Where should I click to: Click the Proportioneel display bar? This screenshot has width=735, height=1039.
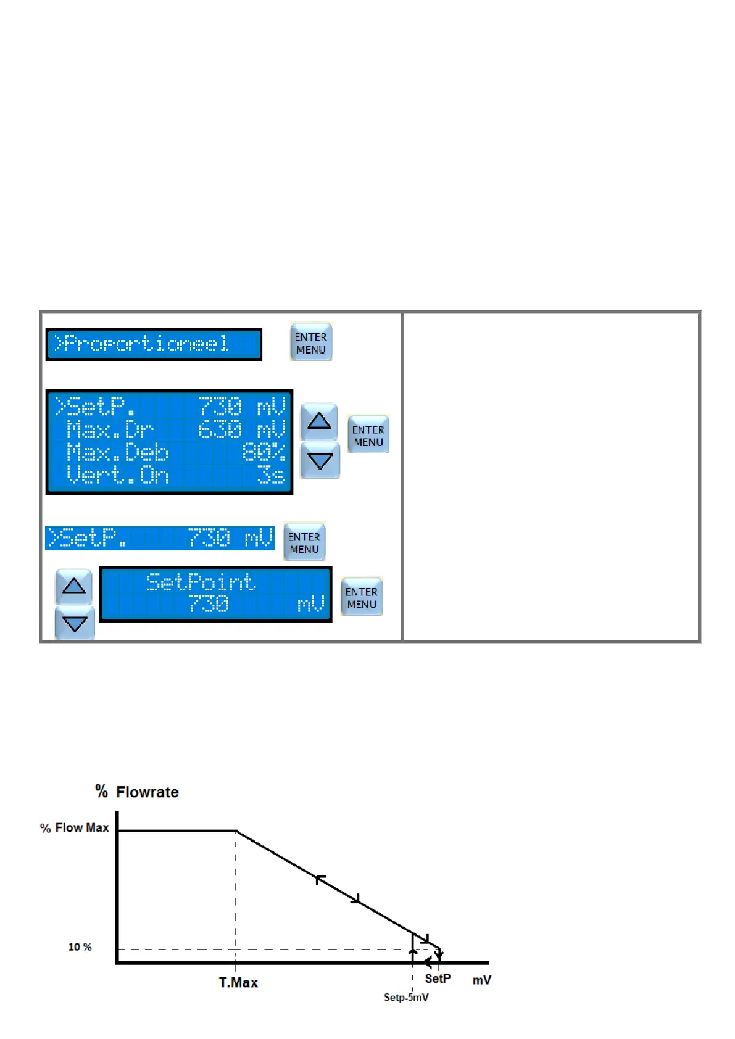click(154, 344)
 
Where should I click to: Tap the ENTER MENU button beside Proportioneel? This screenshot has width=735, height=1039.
click(311, 342)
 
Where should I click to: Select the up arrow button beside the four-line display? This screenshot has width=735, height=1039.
click(319, 421)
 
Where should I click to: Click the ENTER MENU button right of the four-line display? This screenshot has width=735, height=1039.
click(368, 435)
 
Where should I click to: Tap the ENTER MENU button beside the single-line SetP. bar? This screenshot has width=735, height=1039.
click(304, 542)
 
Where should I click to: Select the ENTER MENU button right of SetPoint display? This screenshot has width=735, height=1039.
click(362, 597)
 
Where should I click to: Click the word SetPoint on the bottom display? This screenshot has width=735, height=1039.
click(201, 582)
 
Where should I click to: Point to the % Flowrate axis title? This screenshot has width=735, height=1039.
click(137, 792)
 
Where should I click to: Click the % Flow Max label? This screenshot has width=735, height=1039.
click(75, 828)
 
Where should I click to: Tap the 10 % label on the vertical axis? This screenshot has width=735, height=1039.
click(80, 947)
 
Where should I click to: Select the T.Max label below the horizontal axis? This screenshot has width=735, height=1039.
click(238, 982)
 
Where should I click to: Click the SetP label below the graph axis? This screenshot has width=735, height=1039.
click(438, 979)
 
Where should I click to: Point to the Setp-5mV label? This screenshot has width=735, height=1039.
click(406, 998)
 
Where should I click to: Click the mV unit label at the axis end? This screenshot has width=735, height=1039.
click(481, 980)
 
